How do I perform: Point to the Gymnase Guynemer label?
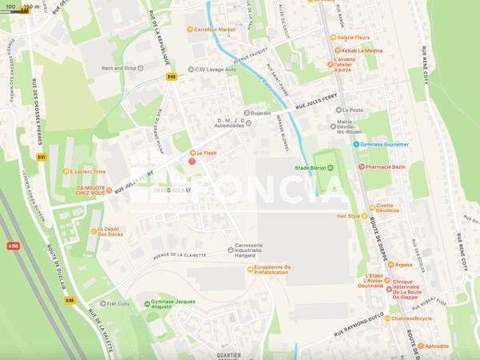point(386,145)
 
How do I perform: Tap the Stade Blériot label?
point(311,168)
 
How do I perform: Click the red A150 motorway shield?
point(13,246)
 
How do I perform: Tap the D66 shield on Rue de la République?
point(171,77)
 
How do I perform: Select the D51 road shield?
point(42,158)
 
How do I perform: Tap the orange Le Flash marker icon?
point(193,153)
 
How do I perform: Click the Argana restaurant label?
point(403,265)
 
